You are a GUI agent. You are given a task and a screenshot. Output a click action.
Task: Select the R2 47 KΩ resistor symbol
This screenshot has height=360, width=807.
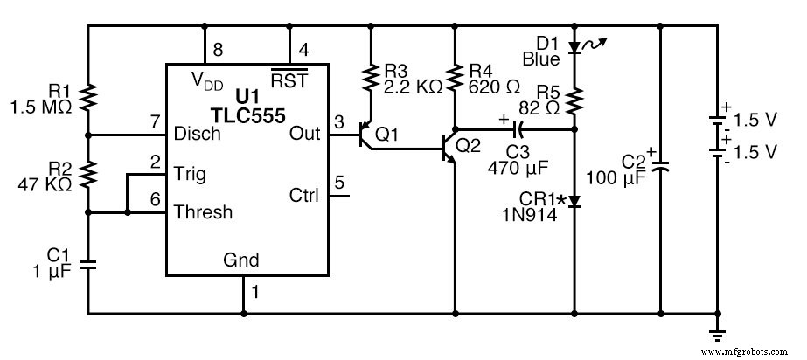88,174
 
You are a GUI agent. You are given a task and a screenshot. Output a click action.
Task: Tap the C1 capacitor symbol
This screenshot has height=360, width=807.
88,263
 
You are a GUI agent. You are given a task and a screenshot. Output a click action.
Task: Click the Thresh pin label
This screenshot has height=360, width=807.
204,211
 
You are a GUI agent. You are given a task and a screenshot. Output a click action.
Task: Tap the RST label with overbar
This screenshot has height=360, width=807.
283,81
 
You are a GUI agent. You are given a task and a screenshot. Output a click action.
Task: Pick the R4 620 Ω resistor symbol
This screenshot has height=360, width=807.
455,78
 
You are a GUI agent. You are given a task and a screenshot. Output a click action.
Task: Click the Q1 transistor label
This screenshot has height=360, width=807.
386,135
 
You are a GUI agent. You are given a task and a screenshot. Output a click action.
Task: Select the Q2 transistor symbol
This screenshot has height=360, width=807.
449,149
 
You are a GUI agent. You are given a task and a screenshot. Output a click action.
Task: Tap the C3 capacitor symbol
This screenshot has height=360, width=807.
517,130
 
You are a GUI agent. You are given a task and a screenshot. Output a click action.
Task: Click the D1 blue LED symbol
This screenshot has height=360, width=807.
574,47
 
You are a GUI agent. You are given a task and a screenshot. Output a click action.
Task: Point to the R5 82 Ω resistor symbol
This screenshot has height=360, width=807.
574,100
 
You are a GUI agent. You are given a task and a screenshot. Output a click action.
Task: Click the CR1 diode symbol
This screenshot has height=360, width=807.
574,201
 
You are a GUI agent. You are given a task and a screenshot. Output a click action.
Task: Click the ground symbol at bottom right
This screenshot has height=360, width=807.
718,332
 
